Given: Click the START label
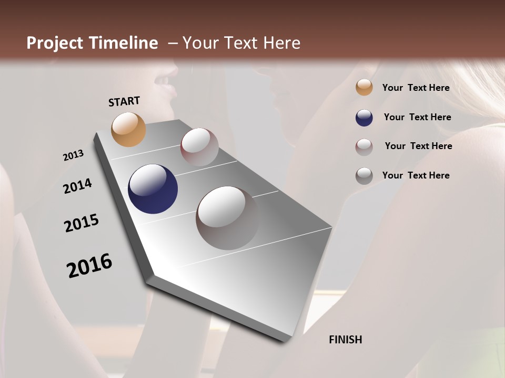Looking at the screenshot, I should (124, 101).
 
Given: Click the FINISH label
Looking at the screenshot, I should (346, 340).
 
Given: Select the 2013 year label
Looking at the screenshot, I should (73, 155).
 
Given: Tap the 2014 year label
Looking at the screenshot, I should (77, 186).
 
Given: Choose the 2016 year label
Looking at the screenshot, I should (89, 266).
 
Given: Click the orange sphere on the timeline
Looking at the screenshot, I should (128, 129).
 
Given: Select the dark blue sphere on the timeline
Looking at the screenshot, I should (153, 189).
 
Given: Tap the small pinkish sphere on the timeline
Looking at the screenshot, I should (199, 146).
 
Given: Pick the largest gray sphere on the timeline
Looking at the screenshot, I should (228, 217).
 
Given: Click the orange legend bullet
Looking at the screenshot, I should (364, 88).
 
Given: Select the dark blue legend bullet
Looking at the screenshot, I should (364, 118).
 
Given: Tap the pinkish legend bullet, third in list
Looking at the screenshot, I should (364, 147).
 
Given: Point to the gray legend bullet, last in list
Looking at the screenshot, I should (364, 176).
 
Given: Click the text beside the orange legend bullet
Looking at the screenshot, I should (416, 88).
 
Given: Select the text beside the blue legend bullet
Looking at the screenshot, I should (417, 117).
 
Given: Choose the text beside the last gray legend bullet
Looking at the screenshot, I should (416, 175).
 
